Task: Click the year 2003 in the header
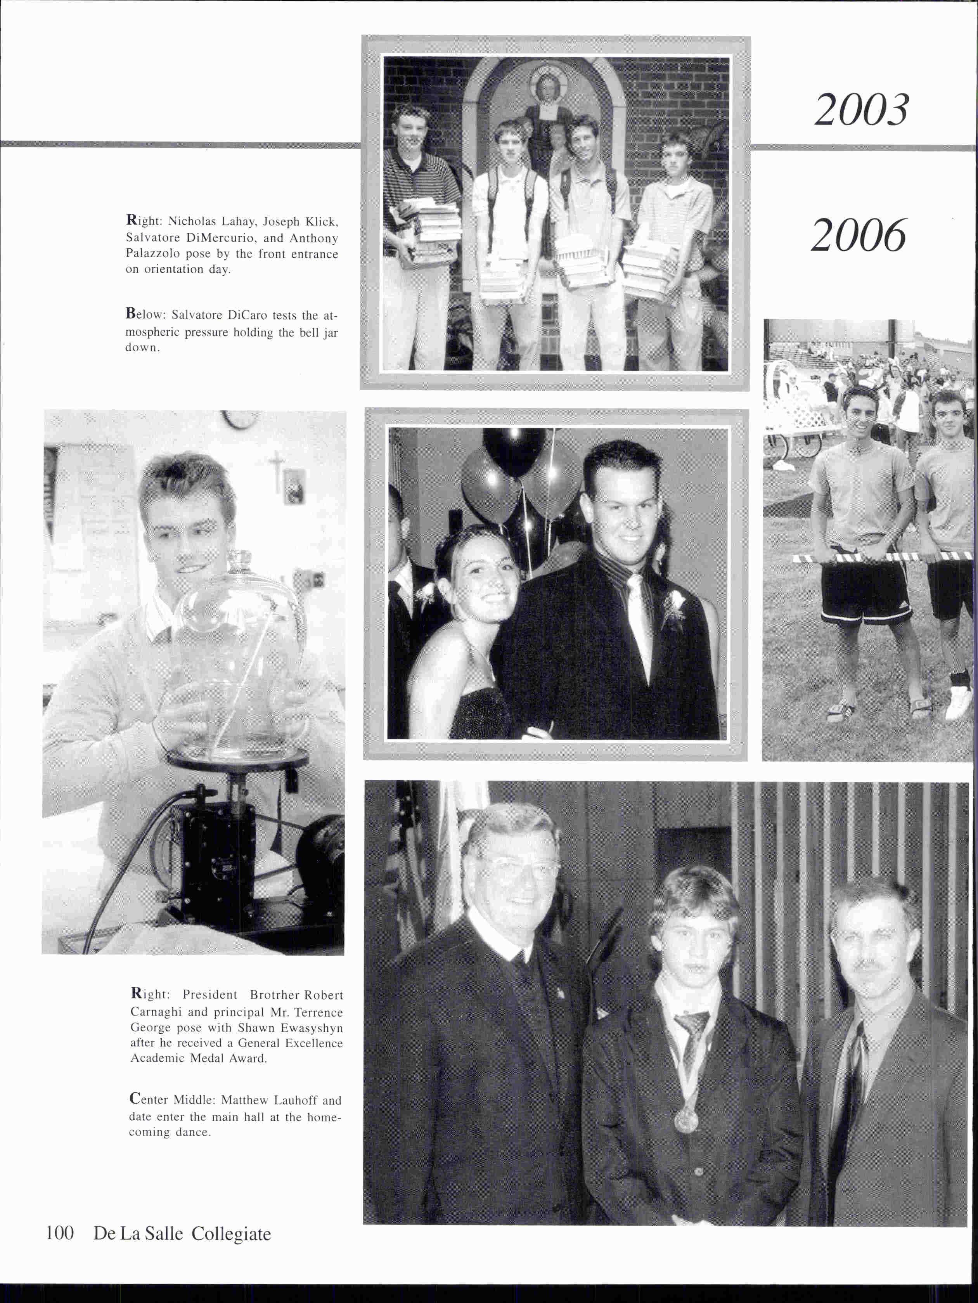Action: coord(861,110)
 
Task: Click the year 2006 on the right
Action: coord(859,235)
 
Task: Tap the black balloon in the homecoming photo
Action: coord(514,451)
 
